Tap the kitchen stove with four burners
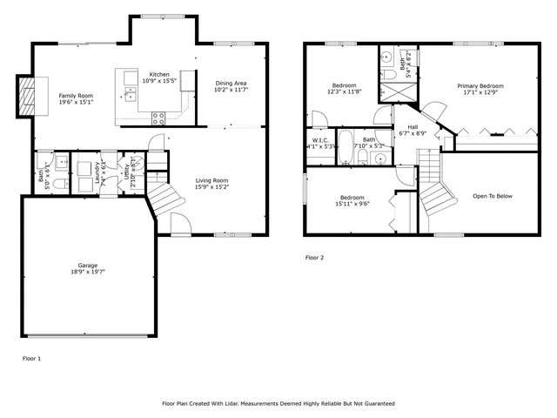(x=159, y=117)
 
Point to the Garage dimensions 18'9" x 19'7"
(x=88, y=272)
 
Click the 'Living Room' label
(x=211, y=180)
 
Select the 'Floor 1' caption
(x=31, y=358)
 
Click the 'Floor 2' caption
(x=314, y=258)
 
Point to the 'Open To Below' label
(x=493, y=196)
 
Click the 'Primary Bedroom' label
(x=480, y=86)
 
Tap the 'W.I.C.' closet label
(x=319, y=140)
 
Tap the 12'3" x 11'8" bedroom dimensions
(x=345, y=91)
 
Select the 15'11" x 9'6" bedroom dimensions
(x=352, y=204)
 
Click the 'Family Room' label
(x=76, y=95)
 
